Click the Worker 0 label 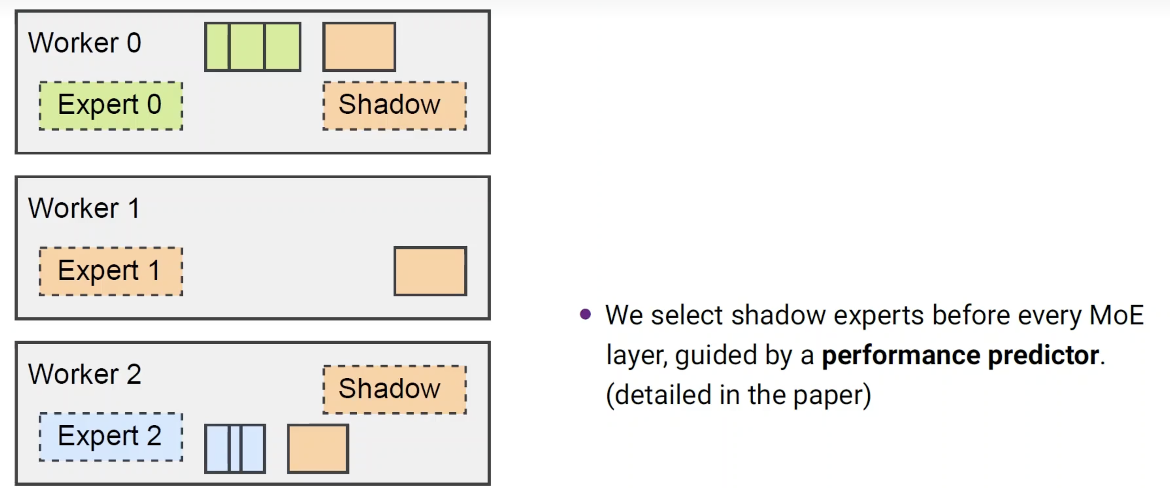coord(85,43)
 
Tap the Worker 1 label coord(84,208)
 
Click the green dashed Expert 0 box coord(111,106)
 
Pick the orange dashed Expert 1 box coord(111,271)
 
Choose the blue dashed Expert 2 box coord(111,437)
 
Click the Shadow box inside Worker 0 coord(394,106)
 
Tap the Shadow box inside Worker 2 coord(394,390)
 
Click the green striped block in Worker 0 coord(253,47)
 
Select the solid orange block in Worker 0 coord(359,47)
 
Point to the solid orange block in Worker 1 coord(430,271)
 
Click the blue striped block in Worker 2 coord(235,448)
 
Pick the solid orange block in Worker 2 coord(318,448)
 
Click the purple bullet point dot coord(585,314)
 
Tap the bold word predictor coord(1044,355)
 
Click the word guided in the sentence coord(715,355)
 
